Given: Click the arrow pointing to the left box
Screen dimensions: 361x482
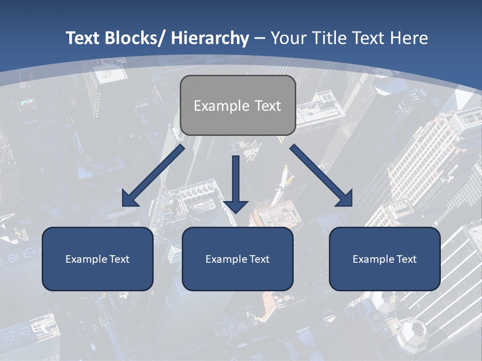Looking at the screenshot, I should point(153,175).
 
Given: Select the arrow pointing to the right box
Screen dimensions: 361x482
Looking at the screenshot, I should point(321,175).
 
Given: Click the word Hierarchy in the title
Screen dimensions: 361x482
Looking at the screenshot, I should point(210,38).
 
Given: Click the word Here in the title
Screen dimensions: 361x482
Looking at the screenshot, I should point(410,38).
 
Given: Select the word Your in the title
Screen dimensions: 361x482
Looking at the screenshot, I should point(290,38).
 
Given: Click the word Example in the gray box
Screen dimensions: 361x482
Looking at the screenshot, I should point(221,106).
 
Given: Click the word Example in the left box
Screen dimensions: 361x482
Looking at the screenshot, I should point(86,259).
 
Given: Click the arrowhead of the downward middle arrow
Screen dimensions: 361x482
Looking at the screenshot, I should point(235,206).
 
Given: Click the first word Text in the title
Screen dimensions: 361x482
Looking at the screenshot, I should point(84,38).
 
